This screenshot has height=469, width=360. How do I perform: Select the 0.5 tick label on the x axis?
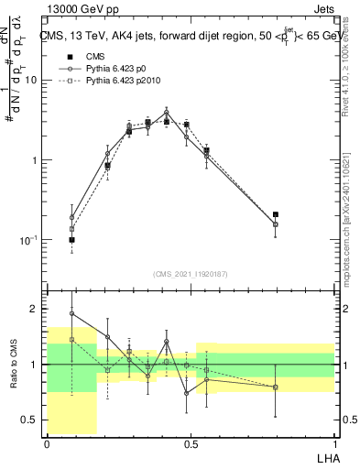(191, 442)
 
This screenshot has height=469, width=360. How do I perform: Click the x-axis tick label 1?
(334, 442)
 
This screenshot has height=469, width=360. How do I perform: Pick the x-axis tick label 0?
(47, 442)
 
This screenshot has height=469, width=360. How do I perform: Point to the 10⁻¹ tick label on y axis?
(28, 240)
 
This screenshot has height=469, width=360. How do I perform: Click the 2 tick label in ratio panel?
(35, 310)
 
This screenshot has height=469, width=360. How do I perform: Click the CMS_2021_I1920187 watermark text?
(191, 274)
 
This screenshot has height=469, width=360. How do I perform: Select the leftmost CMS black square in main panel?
(71, 240)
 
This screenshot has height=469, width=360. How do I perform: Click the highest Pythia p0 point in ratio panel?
(71, 313)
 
